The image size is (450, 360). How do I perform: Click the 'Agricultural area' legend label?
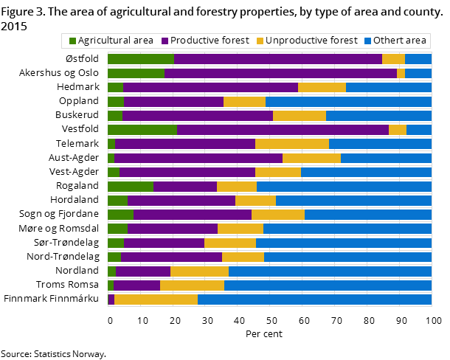[x=115, y=41]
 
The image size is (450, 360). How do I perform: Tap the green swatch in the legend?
[x=72, y=41]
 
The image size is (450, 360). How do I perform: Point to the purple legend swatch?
[x=165, y=41]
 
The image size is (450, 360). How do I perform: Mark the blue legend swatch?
[x=367, y=41]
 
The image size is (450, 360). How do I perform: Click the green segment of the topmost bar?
[x=140, y=59]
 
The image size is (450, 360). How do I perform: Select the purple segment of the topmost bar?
[x=277, y=59]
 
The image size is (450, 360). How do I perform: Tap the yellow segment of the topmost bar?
[x=393, y=59]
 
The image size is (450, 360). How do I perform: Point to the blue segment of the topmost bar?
[x=418, y=59]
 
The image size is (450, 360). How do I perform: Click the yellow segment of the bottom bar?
[x=156, y=300]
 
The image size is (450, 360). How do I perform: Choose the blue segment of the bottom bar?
[x=314, y=300]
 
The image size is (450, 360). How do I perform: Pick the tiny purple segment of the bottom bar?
[x=111, y=300]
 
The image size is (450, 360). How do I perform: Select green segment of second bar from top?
[x=136, y=73]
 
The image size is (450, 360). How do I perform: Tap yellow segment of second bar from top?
[x=401, y=73]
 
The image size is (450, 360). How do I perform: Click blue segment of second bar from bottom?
[x=328, y=285]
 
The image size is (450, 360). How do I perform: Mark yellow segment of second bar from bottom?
[x=192, y=285]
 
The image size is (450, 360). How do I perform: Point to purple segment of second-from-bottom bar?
[x=136, y=285]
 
